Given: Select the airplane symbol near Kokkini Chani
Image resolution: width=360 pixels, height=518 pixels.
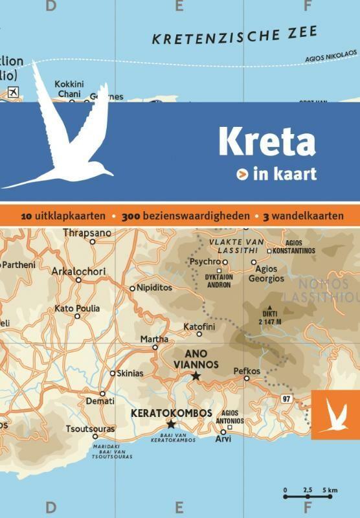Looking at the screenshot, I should coord(10,93).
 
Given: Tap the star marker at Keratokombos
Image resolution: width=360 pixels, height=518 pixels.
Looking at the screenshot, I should coord(171,423).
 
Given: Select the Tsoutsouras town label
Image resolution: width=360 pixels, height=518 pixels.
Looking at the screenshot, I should coord(90,429).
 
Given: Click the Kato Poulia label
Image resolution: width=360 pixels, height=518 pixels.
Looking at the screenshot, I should coord(77,308).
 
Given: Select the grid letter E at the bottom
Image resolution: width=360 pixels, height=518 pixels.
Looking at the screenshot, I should coord(179,505).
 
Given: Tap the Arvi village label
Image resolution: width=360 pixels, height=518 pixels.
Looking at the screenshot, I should coord(223,440).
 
